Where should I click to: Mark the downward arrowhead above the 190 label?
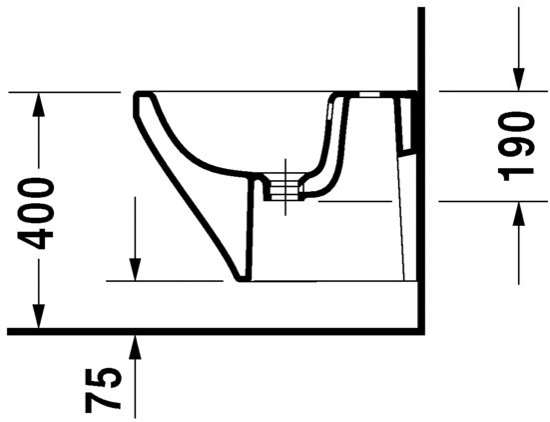518,81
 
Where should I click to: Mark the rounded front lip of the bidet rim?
137,101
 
